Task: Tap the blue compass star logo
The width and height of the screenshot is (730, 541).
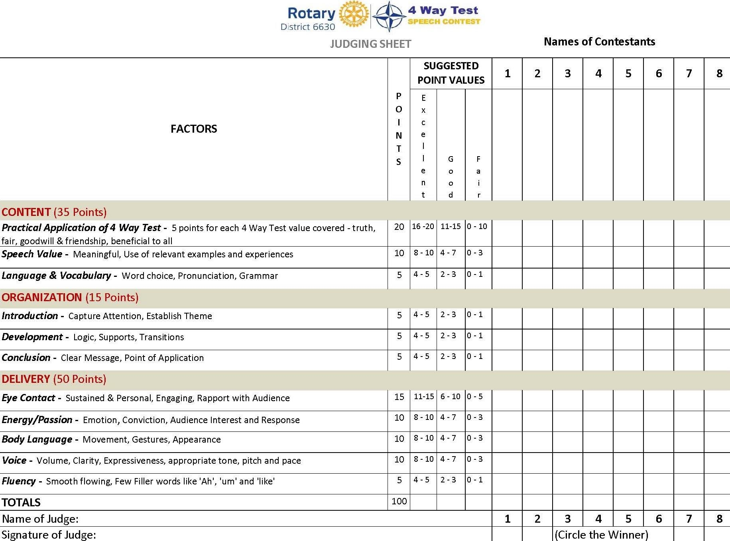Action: pos(389,16)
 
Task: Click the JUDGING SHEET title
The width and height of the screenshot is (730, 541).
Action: pos(370,44)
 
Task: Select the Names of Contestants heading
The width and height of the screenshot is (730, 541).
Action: pos(599,41)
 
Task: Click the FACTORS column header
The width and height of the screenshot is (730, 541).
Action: pos(194,129)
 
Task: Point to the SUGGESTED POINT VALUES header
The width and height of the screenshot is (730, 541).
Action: pos(451,73)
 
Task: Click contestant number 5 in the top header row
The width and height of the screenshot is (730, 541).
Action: pos(628,73)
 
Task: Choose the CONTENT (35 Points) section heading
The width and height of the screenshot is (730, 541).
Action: pos(54,212)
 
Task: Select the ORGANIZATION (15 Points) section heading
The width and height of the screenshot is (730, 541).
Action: pos(70,297)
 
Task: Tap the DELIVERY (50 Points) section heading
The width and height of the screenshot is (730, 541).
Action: pos(54,379)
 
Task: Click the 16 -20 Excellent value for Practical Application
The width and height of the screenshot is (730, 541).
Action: pos(423,226)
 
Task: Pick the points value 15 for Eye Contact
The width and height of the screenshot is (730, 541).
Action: pos(399,397)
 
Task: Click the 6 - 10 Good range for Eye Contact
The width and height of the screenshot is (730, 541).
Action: pos(451,396)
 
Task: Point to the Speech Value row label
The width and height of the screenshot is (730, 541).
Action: pos(32,254)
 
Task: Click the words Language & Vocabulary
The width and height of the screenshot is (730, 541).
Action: pos(56,276)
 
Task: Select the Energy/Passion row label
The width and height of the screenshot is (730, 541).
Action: pos(37,419)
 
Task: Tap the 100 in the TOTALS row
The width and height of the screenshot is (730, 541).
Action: pos(399,501)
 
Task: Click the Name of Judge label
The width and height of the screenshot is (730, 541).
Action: pos(40,519)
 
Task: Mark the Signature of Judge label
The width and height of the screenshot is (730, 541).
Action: pos(49,535)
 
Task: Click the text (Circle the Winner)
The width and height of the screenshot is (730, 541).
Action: pos(601,535)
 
